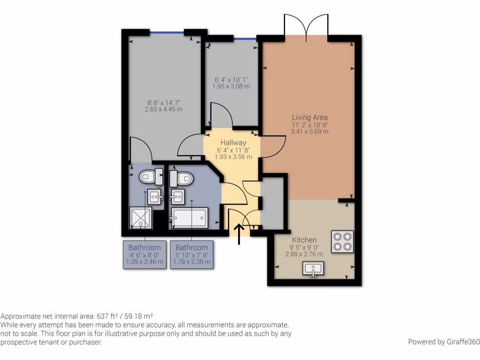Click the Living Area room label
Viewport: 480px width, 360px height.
pyautogui.click(x=309, y=117)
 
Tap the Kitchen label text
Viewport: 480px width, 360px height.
pyautogui.click(x=304, y=240)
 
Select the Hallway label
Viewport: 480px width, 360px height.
pyautogui.click(x=233, y=142)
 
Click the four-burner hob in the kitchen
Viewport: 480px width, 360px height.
pyautogui.click(x=342, y=242)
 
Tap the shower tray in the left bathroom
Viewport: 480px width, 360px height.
pyautogui.click(x=141, y=218)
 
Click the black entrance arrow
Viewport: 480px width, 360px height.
pyautogui.click(x=239, y=234)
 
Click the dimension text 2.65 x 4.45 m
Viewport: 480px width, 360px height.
pyautogui.click(x=164, y=109)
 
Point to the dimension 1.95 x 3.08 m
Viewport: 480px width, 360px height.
pyautogui.click(x=232, y=86)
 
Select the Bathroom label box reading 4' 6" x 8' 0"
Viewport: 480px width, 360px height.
pyautogui.click(x=144, y=255)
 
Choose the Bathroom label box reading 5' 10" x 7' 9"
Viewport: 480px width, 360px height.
pyautogui.click(x=192, y=255)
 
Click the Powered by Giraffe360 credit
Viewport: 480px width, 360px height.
pyautogui.click(x=442, y=342)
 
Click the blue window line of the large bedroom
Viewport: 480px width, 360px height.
pyautogui.click(x=166, y=32)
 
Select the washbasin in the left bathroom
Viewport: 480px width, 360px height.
pyautogui.click(x=155, y=197)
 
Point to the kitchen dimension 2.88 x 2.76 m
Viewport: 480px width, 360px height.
pyautogui.click(x=304, y=254)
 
